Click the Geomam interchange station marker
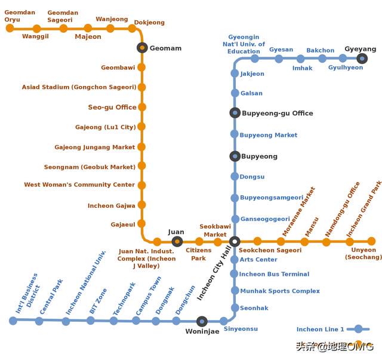pos(142,48)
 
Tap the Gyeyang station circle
pos(362,59)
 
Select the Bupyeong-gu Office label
pos(278,113)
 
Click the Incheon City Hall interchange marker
pos(235,242)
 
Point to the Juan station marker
pos(177,242)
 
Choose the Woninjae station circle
pos(202,321)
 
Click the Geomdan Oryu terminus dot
pos(10,28)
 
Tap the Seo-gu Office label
pos(112,107)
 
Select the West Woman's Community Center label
pos(79,184)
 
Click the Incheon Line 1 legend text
pos(320,330)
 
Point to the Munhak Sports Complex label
pos(280,291)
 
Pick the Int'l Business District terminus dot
pos(13,321)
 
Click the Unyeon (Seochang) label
pos(363,254)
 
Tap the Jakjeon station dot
pos(235,73)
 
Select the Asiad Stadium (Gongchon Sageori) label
pos(79,87)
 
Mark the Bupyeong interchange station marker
pos(235,156)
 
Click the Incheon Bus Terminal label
pos(274,274)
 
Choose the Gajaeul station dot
pos(141,224)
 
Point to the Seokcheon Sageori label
pos(270,250)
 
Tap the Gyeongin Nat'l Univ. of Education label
pos(244,44)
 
